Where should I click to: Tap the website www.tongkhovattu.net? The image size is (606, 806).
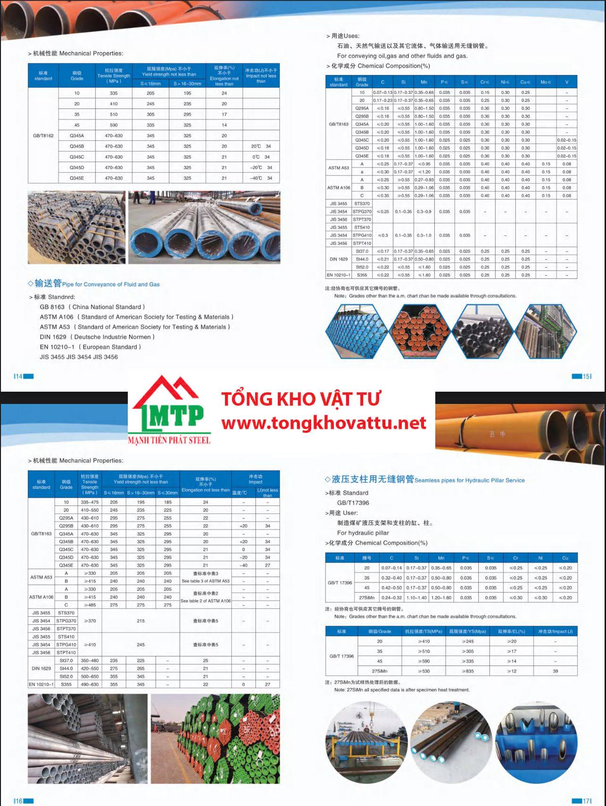point(324,423)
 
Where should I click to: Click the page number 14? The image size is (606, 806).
point(18,376)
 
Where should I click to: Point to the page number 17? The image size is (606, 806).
point(586,800)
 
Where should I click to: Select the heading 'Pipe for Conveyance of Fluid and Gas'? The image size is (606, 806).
point(111,285)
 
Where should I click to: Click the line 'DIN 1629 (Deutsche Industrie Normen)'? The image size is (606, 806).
point(97,337)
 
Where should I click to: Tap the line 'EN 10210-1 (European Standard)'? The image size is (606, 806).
point(91,347)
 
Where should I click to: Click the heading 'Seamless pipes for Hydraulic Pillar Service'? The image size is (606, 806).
point(469,480)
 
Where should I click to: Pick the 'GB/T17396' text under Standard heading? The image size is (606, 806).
point(353,503)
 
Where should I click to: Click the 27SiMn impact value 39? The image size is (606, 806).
point(555,671)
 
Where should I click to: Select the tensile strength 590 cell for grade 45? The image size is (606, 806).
point(114,125)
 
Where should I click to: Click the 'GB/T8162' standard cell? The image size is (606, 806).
point(43,135)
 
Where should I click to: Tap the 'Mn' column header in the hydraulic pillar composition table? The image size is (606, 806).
point(441,558)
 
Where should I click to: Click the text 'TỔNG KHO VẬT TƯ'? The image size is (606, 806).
point(301,399)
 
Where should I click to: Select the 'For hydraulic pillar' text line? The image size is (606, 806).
point(363,533)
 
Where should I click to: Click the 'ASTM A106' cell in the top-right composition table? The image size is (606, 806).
point(339,187)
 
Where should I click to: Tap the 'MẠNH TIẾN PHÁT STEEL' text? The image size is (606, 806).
point(169,440)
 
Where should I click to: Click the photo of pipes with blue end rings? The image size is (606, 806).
point(204,227)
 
